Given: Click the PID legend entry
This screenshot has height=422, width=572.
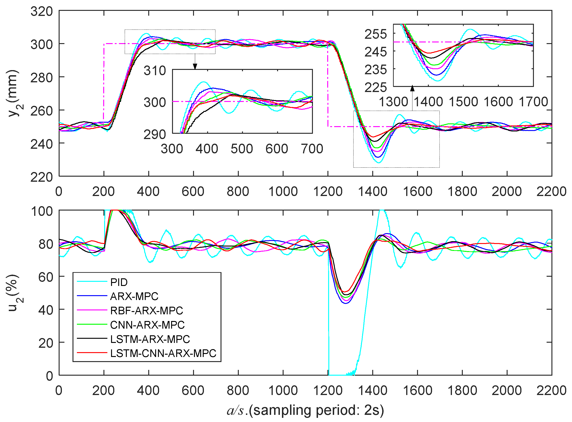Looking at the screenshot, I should point(119,282).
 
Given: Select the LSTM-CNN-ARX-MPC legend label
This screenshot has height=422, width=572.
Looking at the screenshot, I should point(163,353).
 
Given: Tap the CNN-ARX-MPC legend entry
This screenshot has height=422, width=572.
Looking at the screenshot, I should point(147,325).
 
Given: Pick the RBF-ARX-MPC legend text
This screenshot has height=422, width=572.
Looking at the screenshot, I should point(146,311).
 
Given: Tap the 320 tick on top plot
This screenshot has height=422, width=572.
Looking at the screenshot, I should point(42,12).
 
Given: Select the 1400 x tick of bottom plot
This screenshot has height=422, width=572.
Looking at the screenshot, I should point(372,391).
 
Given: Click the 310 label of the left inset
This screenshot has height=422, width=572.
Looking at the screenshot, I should point(155,71).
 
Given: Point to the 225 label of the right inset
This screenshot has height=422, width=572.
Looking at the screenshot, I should point(375,87).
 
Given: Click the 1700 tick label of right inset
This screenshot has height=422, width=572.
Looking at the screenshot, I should point(533,102).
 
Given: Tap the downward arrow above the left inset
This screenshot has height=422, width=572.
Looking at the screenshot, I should point(195,66).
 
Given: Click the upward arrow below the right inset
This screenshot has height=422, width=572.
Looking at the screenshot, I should point(412,89).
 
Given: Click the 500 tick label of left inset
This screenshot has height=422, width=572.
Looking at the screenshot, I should point(242,149).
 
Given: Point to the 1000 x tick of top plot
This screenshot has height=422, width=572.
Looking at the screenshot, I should point(283,192).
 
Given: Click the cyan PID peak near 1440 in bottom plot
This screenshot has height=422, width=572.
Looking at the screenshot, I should point(382,211).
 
